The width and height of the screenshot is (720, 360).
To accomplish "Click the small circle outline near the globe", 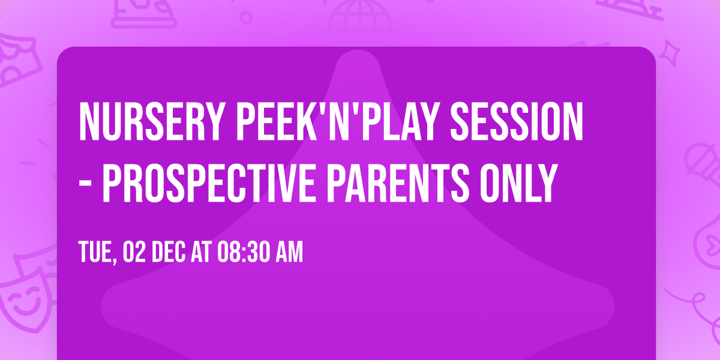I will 246,16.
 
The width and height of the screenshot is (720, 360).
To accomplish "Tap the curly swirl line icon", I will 696,300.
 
